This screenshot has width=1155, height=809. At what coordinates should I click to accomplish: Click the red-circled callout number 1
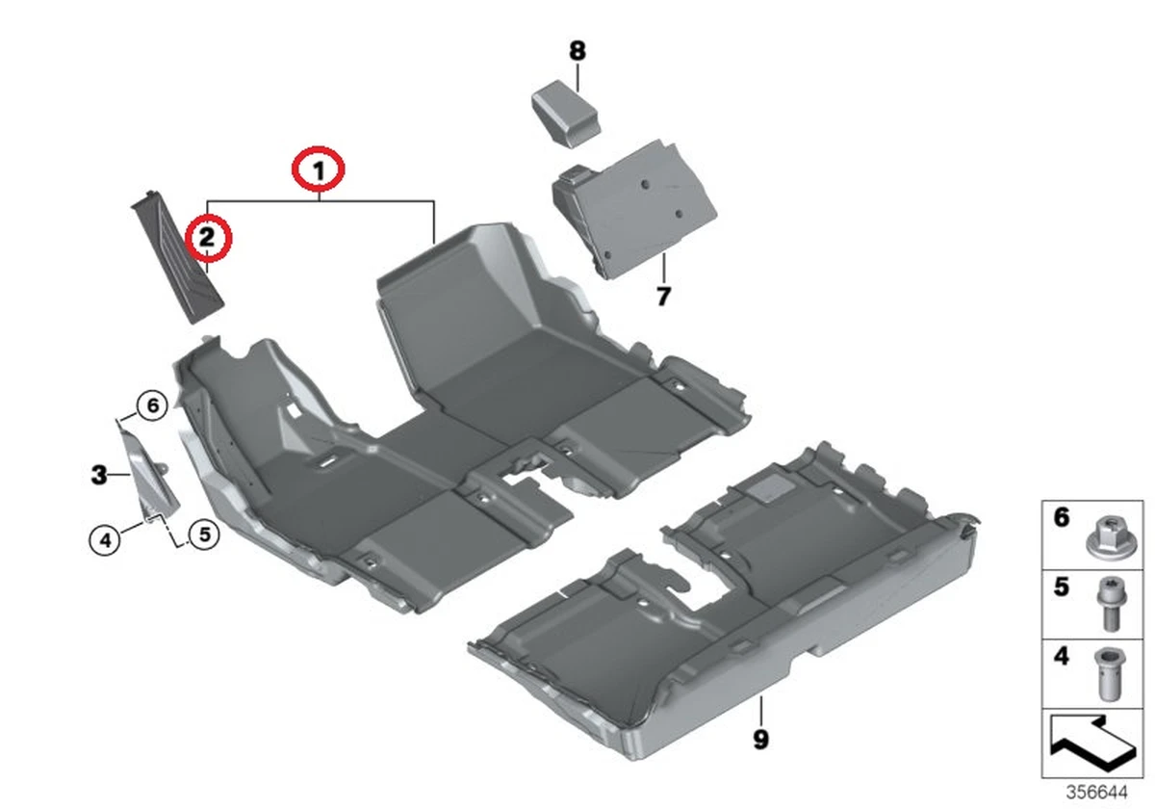(x=319, y=170)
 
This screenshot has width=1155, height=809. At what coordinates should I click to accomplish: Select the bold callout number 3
(x=99, y=475)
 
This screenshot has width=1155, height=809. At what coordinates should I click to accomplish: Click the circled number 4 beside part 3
(x=105, y=540)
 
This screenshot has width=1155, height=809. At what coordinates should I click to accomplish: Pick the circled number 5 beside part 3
(x=205, y=534)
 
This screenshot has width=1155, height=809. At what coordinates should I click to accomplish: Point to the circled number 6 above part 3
(x=153, y=405)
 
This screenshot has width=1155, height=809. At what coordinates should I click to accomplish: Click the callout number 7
(x=663, y=297)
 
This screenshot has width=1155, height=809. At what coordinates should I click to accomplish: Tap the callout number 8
(x=577, y=51)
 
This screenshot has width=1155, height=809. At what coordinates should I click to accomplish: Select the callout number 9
(x=761, y=740)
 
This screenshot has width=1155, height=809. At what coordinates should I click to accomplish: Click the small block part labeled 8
(x=566, y=114)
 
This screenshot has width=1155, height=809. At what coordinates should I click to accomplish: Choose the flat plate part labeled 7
(x=634, y=209)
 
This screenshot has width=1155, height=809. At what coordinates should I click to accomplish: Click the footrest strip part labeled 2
(x=177, y=257)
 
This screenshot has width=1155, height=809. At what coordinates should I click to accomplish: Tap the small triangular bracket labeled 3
(x=150, y=476)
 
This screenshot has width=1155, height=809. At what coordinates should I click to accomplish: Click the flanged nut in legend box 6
(x=1105, y=537)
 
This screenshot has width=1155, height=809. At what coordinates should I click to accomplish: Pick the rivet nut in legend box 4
(x=1109, y=674)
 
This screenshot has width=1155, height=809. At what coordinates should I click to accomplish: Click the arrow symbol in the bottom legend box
(x=1092, y=744)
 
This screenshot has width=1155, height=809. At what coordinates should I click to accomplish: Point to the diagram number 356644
(x=1096, y=792)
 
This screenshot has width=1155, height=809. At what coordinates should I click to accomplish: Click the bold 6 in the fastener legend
(x=1062, y=517)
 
